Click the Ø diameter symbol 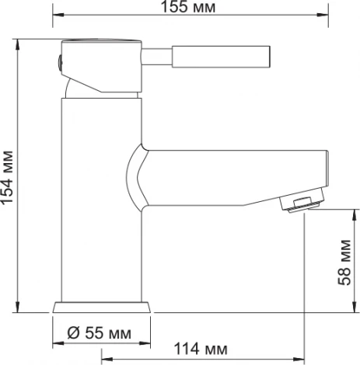(x=72, y=332)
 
